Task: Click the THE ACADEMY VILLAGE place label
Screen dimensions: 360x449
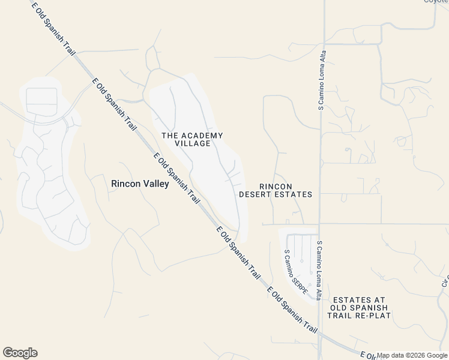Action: click(x=192, y=140)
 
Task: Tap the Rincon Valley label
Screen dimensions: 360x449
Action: click(x=140, y=184)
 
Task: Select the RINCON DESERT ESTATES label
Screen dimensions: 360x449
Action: click(x=276, y=190)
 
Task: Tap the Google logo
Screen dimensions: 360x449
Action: click(x=20, y=353)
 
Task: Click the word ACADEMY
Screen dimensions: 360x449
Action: click(x=201, y=136)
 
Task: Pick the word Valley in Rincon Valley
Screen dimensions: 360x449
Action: click(x=155, y=184)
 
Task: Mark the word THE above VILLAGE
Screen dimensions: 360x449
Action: click(x=170, y=136)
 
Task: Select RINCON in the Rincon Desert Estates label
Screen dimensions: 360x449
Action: click(x=276, y=187)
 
